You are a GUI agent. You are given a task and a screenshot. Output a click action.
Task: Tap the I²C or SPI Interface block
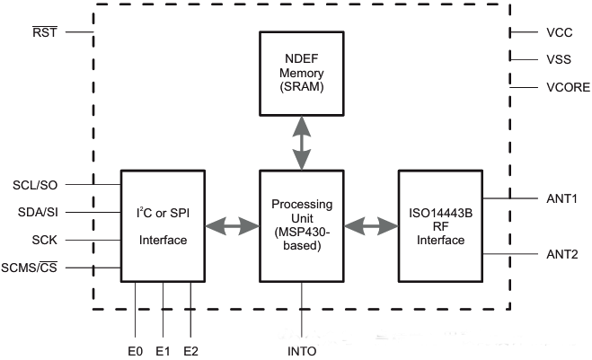coord(163,225)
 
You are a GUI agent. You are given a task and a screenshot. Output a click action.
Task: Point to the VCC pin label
coord(559,32)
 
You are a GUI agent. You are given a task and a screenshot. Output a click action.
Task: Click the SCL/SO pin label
coord(36,184)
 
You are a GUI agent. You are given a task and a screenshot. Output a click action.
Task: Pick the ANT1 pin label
coord(562,198)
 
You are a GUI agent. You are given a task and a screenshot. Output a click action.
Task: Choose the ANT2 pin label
coord(562,255)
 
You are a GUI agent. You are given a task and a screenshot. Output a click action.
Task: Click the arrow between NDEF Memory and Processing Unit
coord(302,142)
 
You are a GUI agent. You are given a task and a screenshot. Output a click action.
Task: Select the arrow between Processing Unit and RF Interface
coord(371,225)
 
